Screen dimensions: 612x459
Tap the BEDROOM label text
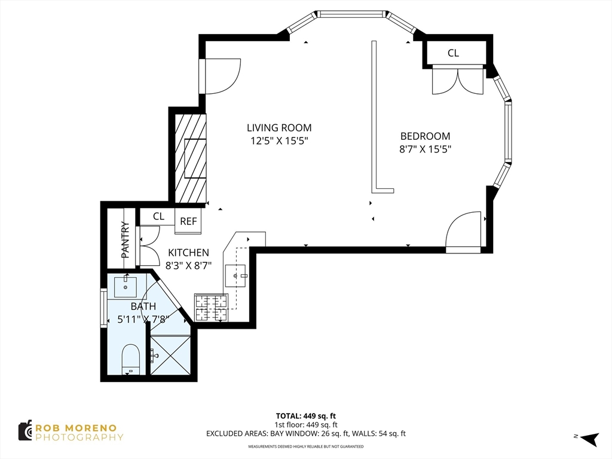(425, 136)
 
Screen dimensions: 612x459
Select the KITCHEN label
(188, 253)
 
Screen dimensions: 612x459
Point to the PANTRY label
(125, 240)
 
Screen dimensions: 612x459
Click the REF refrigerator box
(188, 221)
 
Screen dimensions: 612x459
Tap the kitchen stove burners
(211, 308)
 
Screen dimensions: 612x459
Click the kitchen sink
(235, 276)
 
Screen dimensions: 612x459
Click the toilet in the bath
(131, 359)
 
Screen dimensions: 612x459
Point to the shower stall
(170, 355)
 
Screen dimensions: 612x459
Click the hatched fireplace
(191, 158)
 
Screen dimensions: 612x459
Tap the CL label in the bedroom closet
(453, 53)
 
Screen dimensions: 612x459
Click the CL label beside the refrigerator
(158, 216)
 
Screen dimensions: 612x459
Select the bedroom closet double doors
(458, 81)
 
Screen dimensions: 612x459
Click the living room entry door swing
(222, 76)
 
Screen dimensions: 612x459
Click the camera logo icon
(25, 431)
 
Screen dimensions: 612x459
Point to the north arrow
(589, 438)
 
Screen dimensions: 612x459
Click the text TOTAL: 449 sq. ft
(306, 416)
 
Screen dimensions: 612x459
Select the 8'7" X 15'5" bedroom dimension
(425, 149)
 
